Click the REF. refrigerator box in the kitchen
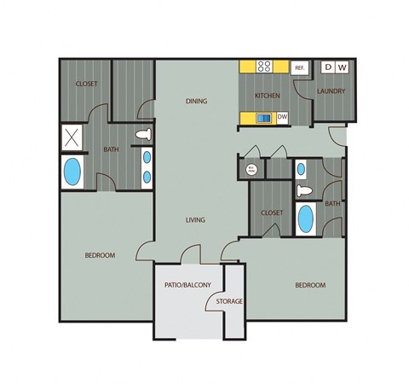click(x=300, y=67)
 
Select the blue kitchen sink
click(x=264, y=118)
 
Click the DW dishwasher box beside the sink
click(x=282, y=118)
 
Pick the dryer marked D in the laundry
click(x=329, y=67)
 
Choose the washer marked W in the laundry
click(x=343, y=67)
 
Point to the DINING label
click(x=198, y=102)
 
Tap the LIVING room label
click(x=196, y=220)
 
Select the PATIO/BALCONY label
click(x=187, y=284)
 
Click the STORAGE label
click(x=230, y=301)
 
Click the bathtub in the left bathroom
click(x=72, y=172)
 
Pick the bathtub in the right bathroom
click(x=305, y=218)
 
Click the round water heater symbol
click(x=251, y=170)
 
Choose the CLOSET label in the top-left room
click(x=87, y=84)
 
